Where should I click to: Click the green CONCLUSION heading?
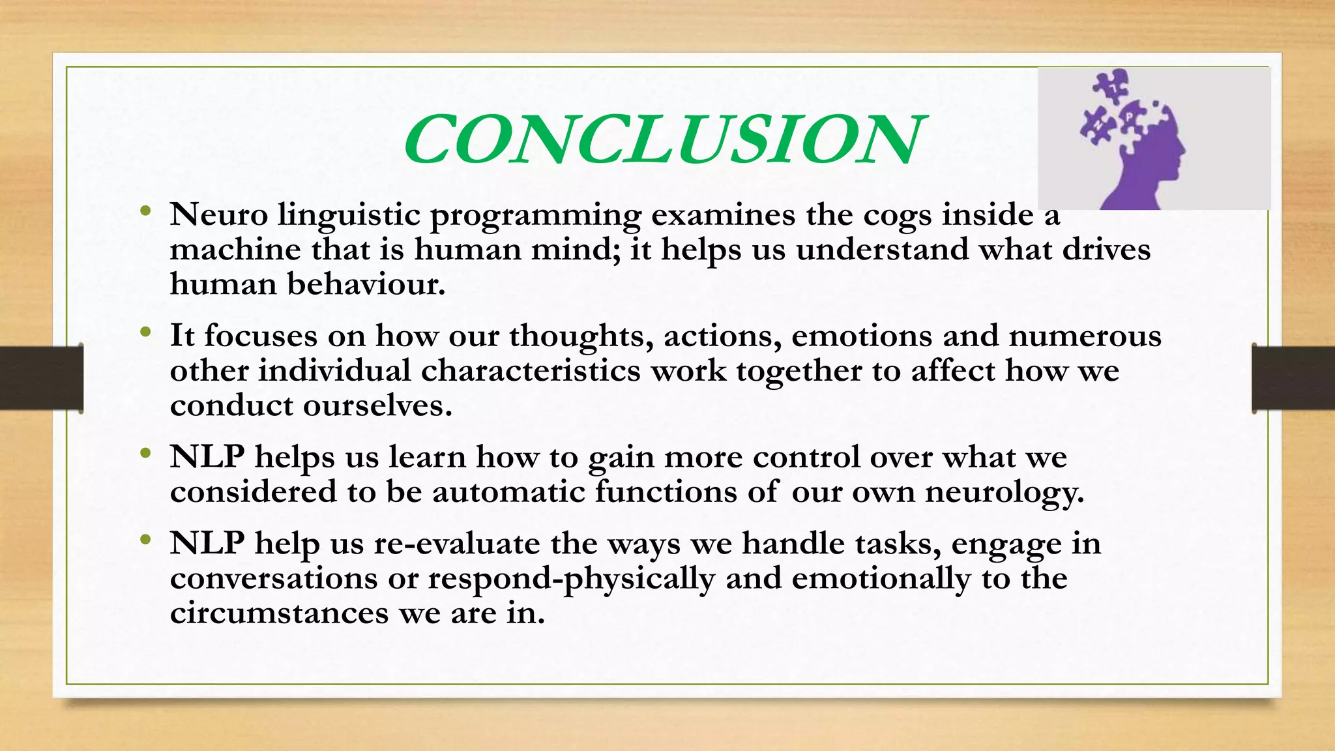(662, 140)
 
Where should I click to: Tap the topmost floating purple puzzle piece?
(1110, 85)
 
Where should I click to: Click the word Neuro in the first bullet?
(219, 214)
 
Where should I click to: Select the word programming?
(535, 216)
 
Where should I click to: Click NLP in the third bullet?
(207, 456)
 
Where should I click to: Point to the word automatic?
(508, 492)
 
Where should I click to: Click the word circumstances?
(279, 613)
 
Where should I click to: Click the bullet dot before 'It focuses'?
(145, 332)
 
